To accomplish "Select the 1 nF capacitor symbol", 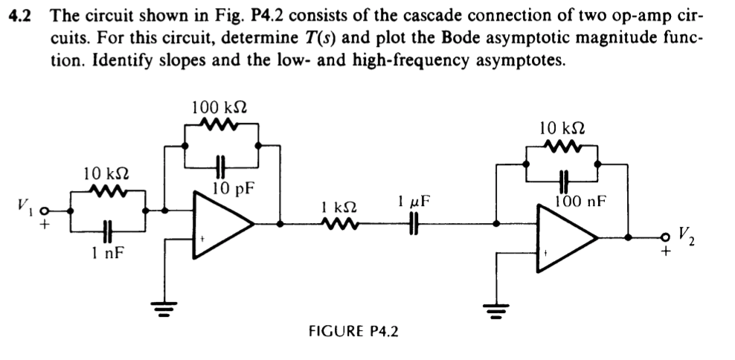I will coord(109,231).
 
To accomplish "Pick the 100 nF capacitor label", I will coord(580,200).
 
